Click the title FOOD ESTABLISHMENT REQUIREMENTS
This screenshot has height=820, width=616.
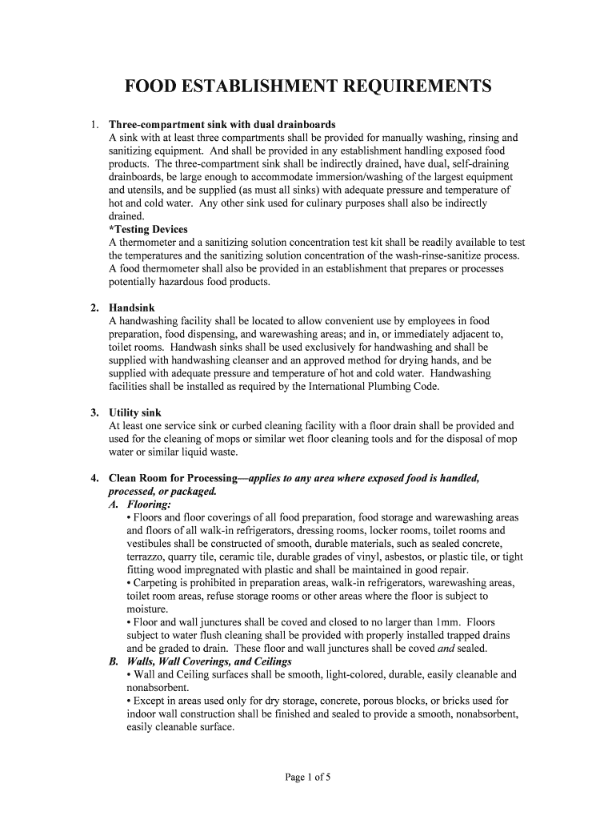point(307,86)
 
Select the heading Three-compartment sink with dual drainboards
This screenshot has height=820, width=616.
point(222,125)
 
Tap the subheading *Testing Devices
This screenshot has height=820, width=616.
point(148,229)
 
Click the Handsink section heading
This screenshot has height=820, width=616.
point(132,307)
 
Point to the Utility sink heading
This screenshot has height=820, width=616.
point(135,412)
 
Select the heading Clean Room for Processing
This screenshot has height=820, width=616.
point(173,478)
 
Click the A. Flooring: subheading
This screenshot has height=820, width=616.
point(139,504)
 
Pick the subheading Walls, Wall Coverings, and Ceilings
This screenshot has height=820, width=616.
point(200,661)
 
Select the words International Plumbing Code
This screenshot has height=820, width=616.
point(373,386)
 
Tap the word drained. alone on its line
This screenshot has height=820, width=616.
point(126,216)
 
